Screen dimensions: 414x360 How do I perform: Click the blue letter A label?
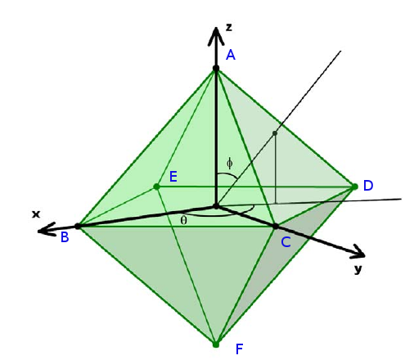coord(231,55)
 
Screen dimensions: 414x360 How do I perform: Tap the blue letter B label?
coord(65,237)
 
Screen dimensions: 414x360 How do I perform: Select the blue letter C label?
coord(286,242)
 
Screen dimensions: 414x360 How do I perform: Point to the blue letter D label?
coord(368,186)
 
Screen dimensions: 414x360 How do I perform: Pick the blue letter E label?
coord(173,177)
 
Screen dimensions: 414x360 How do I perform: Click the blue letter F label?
coord(239,349)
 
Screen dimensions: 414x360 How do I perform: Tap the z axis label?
coord(229,27)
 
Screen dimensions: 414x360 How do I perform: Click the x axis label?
coord(36,214)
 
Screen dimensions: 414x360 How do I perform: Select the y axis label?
coord(358,269)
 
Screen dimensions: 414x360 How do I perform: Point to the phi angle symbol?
coord(230,163)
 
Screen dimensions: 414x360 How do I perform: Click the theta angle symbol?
coord(184,220)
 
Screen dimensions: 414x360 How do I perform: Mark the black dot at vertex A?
coord(216,68)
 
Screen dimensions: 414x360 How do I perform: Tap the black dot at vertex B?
coord(78,226)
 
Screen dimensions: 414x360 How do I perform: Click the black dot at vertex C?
coord(276,227)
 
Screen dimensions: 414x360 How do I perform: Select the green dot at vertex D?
coord(355,187)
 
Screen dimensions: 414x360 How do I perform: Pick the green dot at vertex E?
coord(156,187)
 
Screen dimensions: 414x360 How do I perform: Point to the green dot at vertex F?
coord(216,344)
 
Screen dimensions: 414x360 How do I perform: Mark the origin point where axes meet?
coord(216,206)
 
